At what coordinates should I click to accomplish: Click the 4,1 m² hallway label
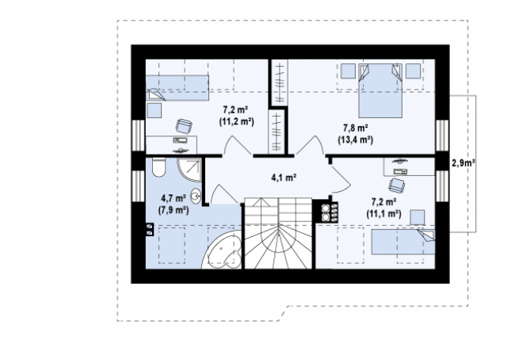pos(284,178)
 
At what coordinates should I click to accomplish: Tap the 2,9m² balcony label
pos(463,163)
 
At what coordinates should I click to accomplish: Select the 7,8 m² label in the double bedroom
pos(356,127)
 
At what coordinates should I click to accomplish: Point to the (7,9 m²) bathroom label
pos(174,210)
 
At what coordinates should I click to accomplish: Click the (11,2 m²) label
pos(236,121)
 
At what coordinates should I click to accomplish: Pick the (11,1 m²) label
pos(383,214)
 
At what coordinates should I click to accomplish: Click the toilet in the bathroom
pos(159,167)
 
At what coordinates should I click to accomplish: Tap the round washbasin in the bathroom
pos(196,197)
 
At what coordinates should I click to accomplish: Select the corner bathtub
pos(223,250)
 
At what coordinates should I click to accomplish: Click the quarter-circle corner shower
pos(189,170)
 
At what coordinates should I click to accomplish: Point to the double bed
pos(380,90)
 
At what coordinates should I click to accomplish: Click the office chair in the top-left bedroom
pos(184,126)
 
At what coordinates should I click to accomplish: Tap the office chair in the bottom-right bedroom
pos(397,185)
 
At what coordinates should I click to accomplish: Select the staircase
pos(278,233)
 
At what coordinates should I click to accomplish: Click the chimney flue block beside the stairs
pos(330,212)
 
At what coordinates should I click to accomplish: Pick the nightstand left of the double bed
pos(348,71)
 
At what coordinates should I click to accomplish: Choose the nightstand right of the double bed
pos(413,71)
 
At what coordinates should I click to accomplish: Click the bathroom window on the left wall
pos(139,185)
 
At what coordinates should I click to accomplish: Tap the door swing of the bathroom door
pos(223,193)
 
